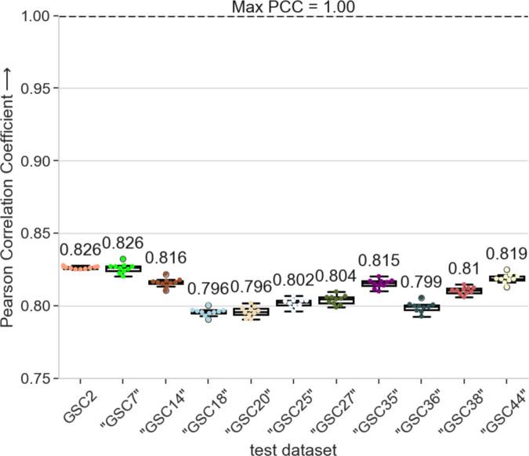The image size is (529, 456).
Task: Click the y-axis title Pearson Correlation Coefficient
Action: click(11, 196)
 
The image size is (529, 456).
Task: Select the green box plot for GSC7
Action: click(122, 270)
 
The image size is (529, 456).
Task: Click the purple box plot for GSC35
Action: click(377, 284)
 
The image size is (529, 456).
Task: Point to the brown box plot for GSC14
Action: click(165, 282)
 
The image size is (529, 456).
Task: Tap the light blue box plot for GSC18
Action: click(208, 312)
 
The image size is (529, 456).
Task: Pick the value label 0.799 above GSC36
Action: click(419, 281)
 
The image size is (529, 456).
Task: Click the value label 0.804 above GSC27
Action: click(335, 277)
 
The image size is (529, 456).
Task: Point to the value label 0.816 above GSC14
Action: click(165, 259)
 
